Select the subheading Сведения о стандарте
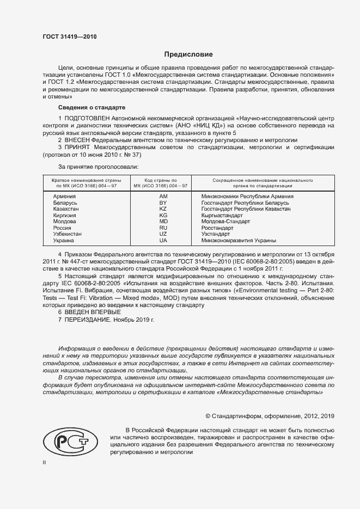(x=91, y=107)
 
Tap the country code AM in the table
(x=163, y=196)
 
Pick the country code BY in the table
(x=163, y=203)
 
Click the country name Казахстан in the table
(x=66, y=209)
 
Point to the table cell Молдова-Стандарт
(x=225, y=222)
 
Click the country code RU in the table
(x=163, y=228)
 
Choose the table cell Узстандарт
(x=216, y=234)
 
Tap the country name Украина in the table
(x=64, y=241)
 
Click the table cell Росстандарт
(x=217, y=228)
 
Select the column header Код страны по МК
(x=162, y=182)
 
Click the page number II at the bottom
(x=44, y=462)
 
